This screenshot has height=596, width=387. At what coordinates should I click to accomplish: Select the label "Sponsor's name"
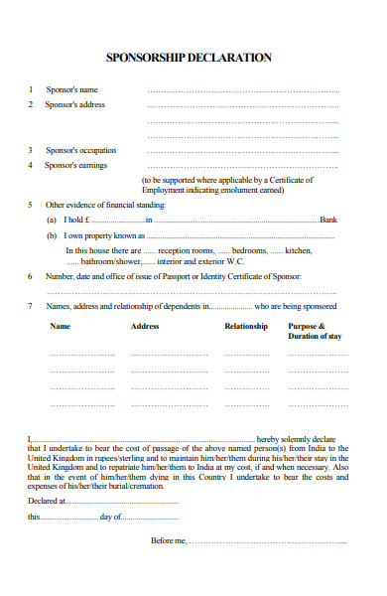(71, 89)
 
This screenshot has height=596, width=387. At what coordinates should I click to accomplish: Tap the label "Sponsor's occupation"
(81, 150)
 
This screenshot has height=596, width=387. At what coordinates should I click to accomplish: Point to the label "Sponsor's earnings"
(76, 165)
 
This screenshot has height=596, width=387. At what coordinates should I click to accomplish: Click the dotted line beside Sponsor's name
(243, 90)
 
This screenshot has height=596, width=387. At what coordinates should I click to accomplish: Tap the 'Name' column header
(60, 326)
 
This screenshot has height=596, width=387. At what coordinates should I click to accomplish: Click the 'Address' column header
(145, 326)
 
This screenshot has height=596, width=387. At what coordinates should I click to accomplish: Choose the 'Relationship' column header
(246, 326)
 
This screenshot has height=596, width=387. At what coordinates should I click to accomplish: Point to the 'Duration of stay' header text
(315, 337)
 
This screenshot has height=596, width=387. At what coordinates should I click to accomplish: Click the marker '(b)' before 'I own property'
(52, 236)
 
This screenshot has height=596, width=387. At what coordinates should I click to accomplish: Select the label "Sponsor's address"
(75, 104)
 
